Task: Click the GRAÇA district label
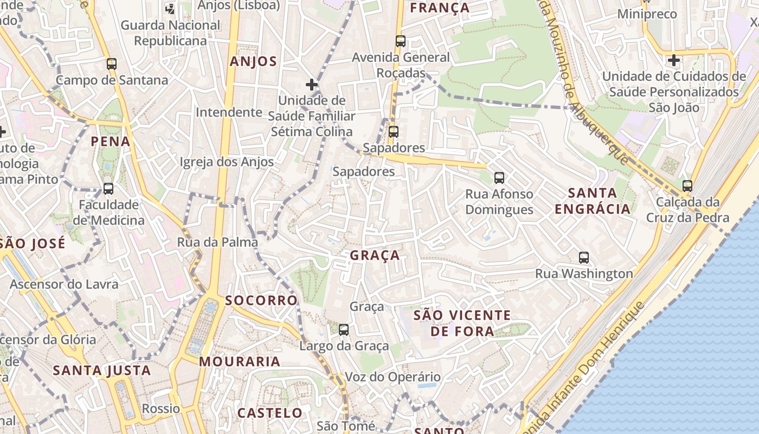(x=375, y=256)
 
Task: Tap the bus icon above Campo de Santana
(x=112, y=64)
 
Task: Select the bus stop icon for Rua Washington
(x=584, y=258)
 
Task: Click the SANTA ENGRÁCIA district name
(x=593, y=201)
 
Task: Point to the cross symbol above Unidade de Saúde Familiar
(x=312, y=85)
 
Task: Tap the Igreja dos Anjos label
(x=227, y=162)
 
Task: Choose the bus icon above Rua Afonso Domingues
(x=499, y=177)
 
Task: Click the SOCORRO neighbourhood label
(x=261, y=301)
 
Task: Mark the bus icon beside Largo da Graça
(x=344, y=329)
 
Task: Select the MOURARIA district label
(x=240, y=361)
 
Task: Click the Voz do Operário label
(x=393, y=376)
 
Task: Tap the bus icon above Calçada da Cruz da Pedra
(x=687, y=186)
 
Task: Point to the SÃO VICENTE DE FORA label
(x=462, y=323)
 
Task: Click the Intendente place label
(x=229, y=112)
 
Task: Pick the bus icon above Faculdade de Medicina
(x=108, y=189)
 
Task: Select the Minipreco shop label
(x=647, y=14)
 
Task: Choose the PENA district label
(x=111, y=142)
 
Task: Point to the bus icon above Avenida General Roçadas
(x=401, y=41)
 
